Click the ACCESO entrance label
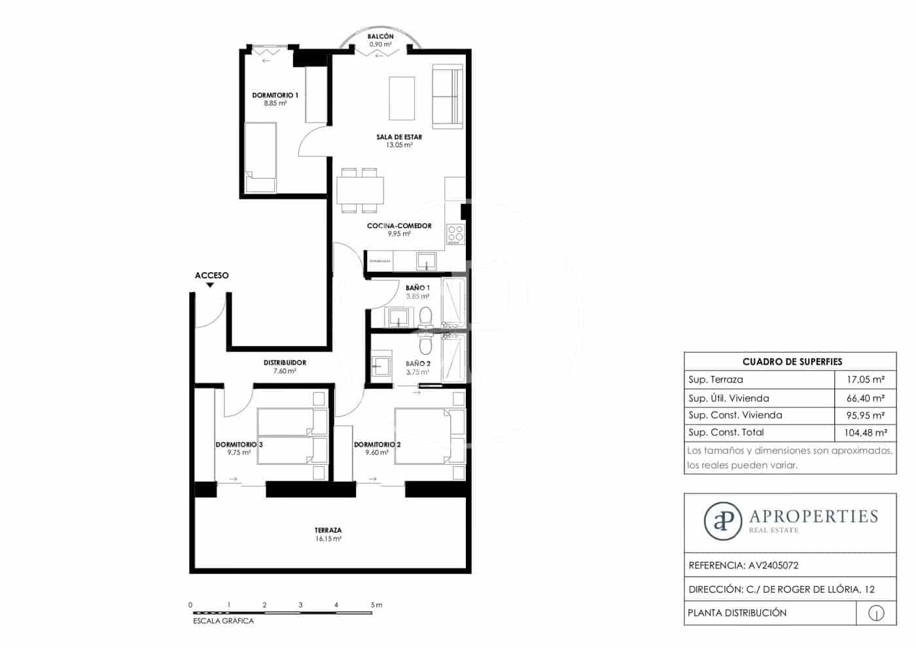click(x=211, y=275)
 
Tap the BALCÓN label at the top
click(x=380, y=37)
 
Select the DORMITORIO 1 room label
click(x=275, y=95)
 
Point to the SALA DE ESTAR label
click(x=399, y=137)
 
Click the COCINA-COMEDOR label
click(x=399, y=226)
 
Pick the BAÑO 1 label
click(x=417, y=288)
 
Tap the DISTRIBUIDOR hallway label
click(x=285, y=362)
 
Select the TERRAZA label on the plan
click(x=328, y=530)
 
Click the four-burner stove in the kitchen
click(x=455, y=234)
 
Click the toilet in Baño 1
click(x=425, y=318)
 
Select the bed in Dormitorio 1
click(x=261, y=158)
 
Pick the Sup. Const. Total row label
click(x=726, y=432)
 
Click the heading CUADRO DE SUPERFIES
click(x=792, y=362)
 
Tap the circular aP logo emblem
click(x=723, y=521)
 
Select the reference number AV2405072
click(x=773, y=566)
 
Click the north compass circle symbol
click(x=876, y=613)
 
